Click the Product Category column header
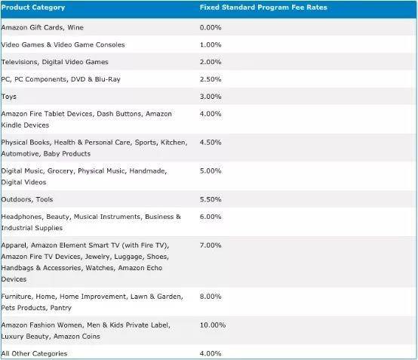coord(33,8)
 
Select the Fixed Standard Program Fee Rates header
coord(263,8)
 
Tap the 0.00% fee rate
coord(211,27)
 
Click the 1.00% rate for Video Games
coord(211,45)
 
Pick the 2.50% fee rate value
coord(211,79)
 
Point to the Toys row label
coord(9,97)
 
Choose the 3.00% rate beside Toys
coord(211,97)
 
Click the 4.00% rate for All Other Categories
coord(211,354)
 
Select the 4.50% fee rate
coord(211,143)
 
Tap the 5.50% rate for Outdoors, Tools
coord(211,199)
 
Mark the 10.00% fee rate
coord(213,325)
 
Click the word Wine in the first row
coord(75,27)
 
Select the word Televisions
coord(20,62)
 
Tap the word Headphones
coord(23,217)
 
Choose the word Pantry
coord(61,308)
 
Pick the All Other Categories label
coord(34,354)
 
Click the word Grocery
coord(60,171)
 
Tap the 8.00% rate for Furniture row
coord(211,297)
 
